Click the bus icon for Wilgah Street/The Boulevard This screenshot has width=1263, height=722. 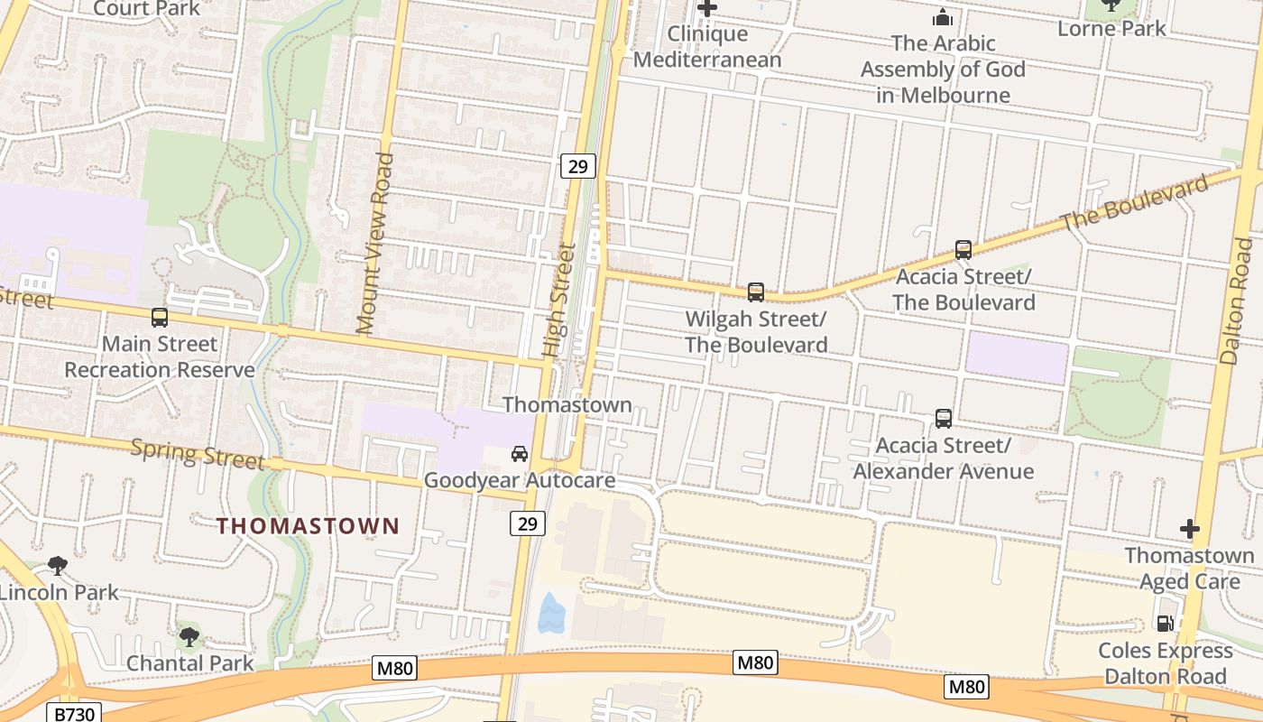pos(756,292)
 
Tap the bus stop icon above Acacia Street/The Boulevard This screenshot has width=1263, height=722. pos(963,250)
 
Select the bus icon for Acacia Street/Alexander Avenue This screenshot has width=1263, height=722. pos(944,419)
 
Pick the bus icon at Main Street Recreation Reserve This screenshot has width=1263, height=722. pos(160,318)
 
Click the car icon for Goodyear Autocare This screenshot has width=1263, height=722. pos(520,453)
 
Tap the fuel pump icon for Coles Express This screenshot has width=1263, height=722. pos(1165,624)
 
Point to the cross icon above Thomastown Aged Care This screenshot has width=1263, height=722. pos(1189,529)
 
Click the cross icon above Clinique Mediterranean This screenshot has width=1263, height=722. pos(707,8)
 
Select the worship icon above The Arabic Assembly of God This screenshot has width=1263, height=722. pos(943,17)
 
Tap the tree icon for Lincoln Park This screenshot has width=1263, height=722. pos(58,566)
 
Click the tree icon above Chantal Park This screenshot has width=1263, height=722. pos(189,637)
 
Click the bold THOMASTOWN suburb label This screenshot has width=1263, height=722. pos(308,526)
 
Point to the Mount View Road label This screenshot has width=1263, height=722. pos(375,244)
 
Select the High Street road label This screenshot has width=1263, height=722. pos(558,299)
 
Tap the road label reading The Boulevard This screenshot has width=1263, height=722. pos(1135,203)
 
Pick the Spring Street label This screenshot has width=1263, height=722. pos(198,455)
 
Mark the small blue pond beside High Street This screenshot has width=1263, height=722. pos(551,613)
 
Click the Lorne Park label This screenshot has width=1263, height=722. pos(1111,28)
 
